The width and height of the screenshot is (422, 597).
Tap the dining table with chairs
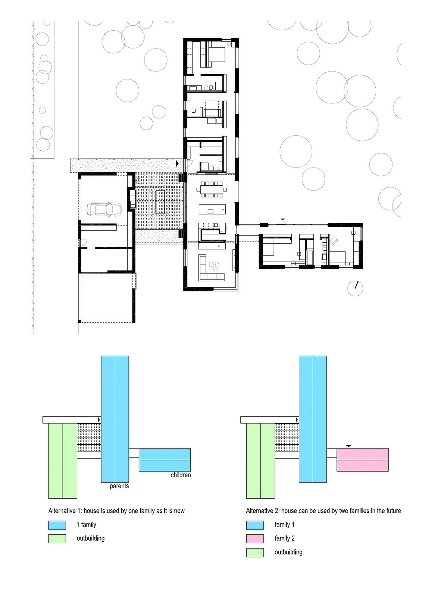[212, 190]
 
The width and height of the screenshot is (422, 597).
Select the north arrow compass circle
[355, 288]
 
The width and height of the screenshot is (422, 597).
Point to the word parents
[119, 486]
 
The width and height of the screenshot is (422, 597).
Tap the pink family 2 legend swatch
[255, 539]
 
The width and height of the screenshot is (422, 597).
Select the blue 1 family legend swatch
[57, 525]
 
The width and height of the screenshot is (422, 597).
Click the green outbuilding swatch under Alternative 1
[57, 539]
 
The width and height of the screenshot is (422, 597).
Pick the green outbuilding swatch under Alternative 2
[255, 553]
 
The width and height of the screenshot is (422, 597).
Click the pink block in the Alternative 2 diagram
[362, 460]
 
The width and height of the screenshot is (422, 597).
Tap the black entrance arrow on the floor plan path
[178, 163]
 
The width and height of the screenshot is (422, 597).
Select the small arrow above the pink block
[348, 446]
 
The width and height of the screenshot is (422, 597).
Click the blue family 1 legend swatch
[255, 525]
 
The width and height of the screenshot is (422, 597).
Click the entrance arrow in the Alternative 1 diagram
[99, 420]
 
